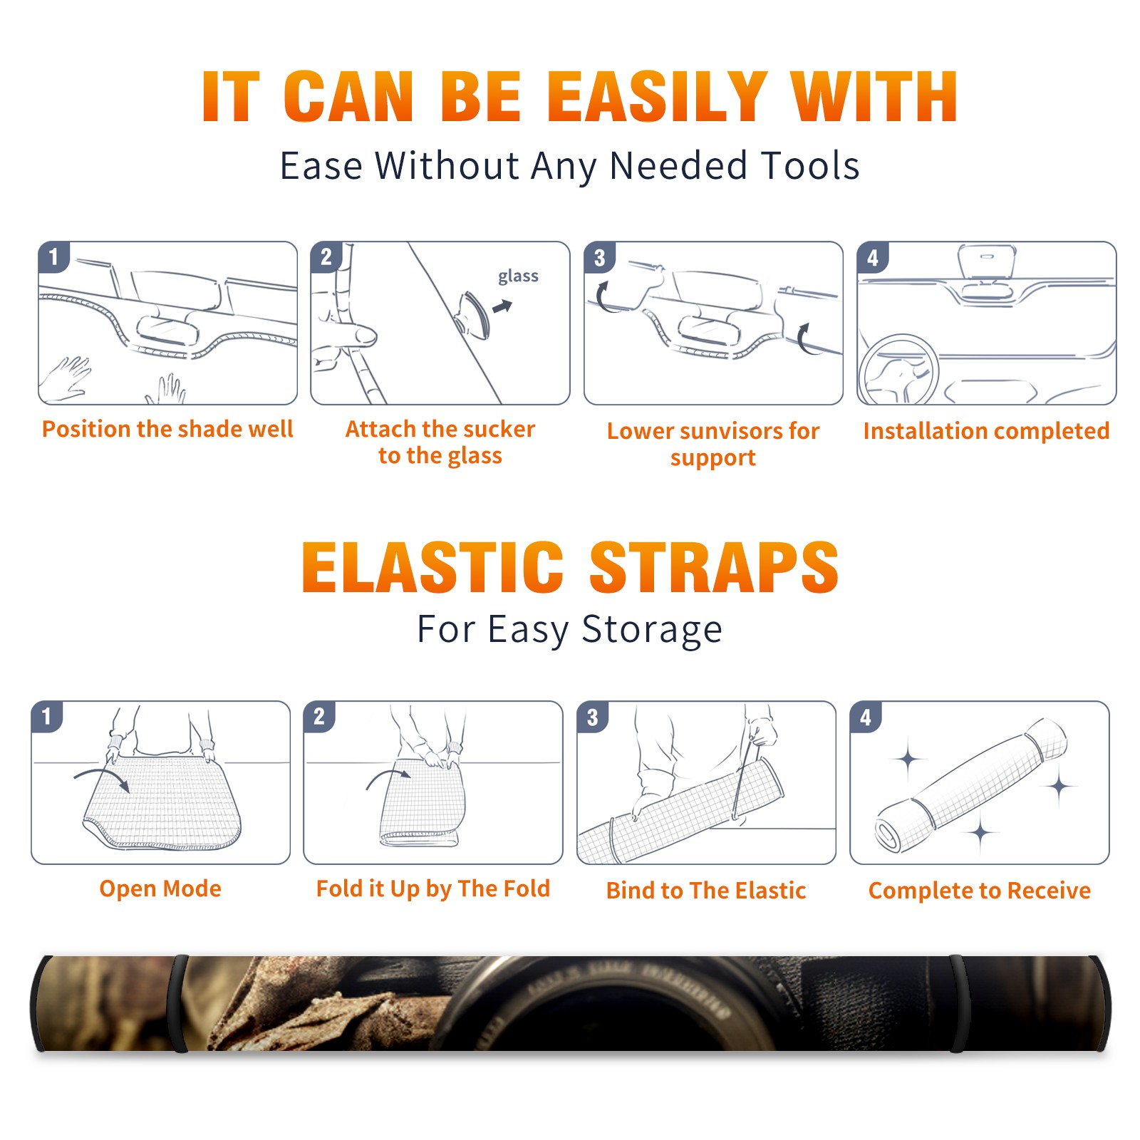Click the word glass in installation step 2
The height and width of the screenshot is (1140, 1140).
(518, 276)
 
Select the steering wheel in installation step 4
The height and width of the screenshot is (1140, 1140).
(898, 370)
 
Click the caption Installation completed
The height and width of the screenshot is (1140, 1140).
(986, 430)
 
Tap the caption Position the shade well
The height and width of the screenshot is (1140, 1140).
(167, 429)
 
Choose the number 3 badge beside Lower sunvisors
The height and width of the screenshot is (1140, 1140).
(599, 257)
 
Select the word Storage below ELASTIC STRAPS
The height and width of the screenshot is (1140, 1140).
(652, 630)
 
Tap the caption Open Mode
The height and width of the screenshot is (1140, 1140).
(160, 888)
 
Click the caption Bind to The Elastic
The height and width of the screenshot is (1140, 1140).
(706, 891)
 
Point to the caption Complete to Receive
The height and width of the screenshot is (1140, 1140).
(980, 891)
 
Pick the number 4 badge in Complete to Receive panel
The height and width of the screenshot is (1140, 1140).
(866, 717)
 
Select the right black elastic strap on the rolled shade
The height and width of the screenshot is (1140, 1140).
(957, 1003)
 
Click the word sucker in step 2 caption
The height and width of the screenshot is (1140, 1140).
(498, 429)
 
